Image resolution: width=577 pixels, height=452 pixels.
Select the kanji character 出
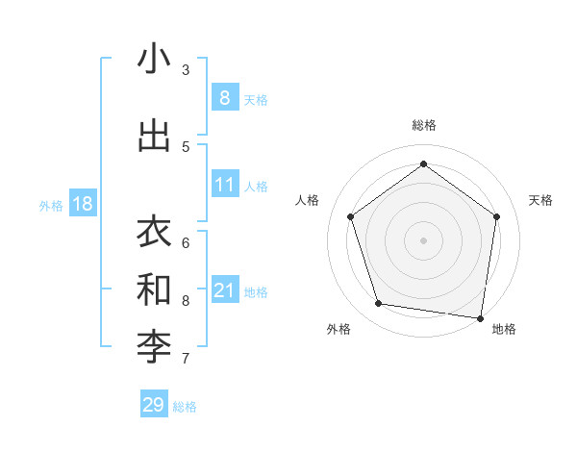click(154, 136)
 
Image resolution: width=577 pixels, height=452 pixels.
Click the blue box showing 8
click(224, 98)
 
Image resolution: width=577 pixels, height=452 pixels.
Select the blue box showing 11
click(224, 185)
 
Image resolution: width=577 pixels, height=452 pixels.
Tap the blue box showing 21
click(224, 290)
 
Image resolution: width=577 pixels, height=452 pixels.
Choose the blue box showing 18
click(82, 204)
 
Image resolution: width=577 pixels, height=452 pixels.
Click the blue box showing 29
click(154, 405)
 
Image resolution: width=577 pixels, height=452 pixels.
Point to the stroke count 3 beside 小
click(186, 70)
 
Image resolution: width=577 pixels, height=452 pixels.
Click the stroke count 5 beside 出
click(186, 147)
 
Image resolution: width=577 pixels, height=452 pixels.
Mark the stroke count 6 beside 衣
click(186, 242)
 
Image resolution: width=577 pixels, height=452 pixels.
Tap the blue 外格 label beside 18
click(50, 205)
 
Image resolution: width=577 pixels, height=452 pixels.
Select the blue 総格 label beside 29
click(185, 407)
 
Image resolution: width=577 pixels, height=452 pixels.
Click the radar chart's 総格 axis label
click(424, 125)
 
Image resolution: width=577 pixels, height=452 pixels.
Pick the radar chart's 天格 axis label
click(540, 200)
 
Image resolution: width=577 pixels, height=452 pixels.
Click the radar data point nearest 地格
click(480, 317)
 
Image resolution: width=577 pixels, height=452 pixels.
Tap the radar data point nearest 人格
click(351, 216)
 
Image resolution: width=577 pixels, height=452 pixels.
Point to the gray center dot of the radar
click(423, 239)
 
